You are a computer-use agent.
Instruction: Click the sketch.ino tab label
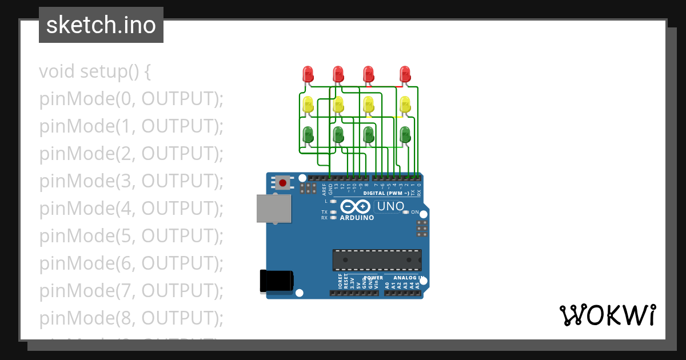101,25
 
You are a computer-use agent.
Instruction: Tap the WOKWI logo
608,315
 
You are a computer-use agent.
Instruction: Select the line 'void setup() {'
95,72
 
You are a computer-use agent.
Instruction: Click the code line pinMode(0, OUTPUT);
131,99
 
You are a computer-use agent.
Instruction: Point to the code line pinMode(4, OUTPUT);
131,209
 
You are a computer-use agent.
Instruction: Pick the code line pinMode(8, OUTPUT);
131,318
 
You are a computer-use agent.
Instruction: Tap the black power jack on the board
277,281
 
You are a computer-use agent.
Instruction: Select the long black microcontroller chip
377,259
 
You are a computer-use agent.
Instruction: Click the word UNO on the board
391,206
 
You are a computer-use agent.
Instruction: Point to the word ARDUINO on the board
357,218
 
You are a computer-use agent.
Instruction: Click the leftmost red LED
308,74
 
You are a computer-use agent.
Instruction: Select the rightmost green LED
405,135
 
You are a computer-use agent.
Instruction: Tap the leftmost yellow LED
308,105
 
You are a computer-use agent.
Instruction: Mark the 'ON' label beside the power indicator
416,212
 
